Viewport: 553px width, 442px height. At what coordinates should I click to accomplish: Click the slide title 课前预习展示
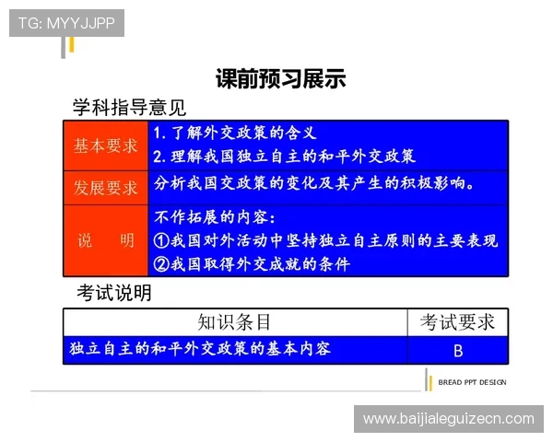(280, 79)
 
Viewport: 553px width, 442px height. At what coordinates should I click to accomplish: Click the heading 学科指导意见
(129, 108)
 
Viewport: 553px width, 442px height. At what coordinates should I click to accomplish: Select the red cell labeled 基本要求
(106, 145)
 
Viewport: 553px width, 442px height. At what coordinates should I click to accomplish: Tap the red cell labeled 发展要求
(106, 188)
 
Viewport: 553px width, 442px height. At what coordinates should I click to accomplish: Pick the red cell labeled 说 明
(106, 241)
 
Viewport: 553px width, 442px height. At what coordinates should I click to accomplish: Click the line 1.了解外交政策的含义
(235, 134)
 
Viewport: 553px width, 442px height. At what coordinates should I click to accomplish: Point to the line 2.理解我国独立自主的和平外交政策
(284, 156)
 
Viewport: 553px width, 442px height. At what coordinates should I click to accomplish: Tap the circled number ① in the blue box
(160, 241)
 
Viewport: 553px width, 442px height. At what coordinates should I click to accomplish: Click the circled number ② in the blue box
(160, 264)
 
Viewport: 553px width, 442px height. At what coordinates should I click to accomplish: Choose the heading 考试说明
(114, 294)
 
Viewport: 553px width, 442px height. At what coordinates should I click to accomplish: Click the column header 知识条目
(235, 321)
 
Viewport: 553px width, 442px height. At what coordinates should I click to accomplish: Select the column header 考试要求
(457, 321)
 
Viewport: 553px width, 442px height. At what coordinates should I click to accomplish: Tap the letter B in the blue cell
(458, 350)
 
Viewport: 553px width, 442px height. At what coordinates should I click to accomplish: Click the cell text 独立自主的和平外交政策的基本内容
(200, 349)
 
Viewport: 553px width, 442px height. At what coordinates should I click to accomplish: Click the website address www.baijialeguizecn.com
(449, 419)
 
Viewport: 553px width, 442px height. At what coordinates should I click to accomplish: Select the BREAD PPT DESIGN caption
(472, 382)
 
